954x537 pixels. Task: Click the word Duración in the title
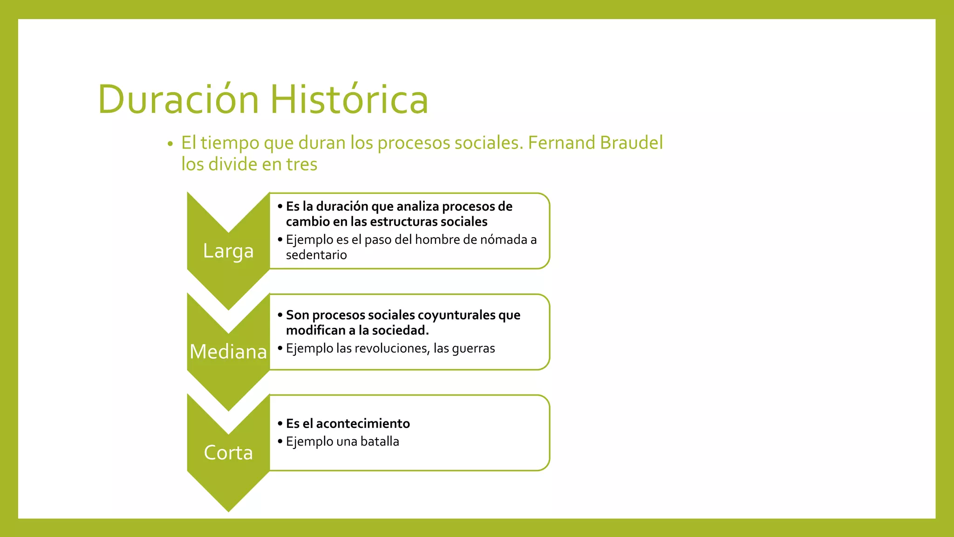coord(178,99)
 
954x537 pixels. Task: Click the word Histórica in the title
coord(349,99)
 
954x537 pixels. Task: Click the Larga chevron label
coord(228,251)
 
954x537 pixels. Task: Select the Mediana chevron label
coord(228,351)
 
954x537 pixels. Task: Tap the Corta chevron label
coord(228,453)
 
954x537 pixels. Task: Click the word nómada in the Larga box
coord(504,240)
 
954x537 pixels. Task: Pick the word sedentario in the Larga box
coord(316,255)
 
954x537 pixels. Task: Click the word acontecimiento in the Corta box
coord(363,423)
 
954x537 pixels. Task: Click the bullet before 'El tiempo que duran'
coord(170,144)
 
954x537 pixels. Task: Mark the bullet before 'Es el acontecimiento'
coord(280,423)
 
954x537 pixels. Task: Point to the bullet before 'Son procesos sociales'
coord(280,315)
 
